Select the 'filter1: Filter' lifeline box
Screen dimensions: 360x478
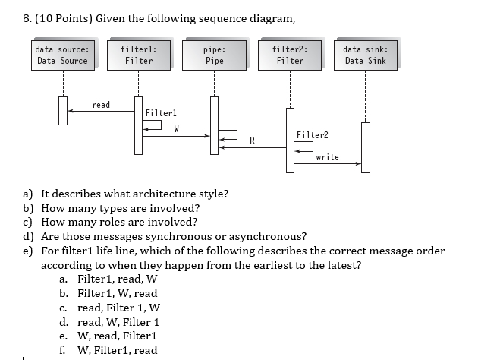tap(138, 55)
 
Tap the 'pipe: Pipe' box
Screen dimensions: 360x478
tap(214, 55)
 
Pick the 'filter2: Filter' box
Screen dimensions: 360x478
tap(290, 55)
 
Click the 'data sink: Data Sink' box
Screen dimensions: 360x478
tap(365, 55)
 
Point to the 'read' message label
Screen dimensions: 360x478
tap(100, 104)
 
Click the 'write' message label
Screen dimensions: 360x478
tap(327, 157)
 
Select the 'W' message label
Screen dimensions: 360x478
tap(176, 128)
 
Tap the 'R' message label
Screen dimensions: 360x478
tap(252, 140)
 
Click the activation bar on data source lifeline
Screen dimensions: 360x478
tap(63, 111)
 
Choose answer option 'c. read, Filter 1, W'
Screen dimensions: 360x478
tap(109, 308)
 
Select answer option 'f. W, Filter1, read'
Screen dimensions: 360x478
tap(108, 350)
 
